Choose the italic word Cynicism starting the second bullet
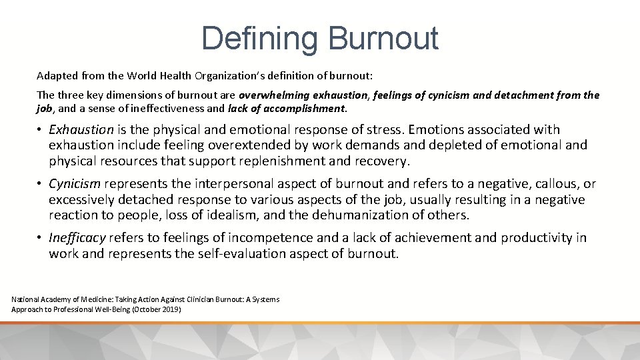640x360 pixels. tap(75, 184)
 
